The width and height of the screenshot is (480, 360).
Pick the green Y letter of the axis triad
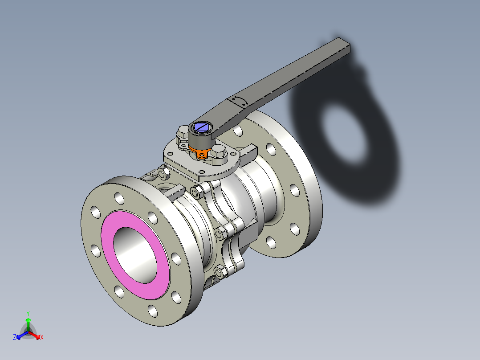click(x=28, y=313)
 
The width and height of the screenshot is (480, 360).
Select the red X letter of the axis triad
click(x=42, y=337)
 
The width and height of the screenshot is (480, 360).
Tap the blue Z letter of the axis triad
click(x=15, y=337)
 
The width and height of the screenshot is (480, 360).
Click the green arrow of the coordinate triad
click(x=28, y=321)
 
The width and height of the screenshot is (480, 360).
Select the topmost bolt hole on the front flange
click(x=118, y=196)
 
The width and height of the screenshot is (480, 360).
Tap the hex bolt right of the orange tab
click(x=219, y=151)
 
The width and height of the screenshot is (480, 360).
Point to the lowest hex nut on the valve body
click(x=219, y=270)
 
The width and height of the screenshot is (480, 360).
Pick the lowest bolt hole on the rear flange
click(x=271, y=242)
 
